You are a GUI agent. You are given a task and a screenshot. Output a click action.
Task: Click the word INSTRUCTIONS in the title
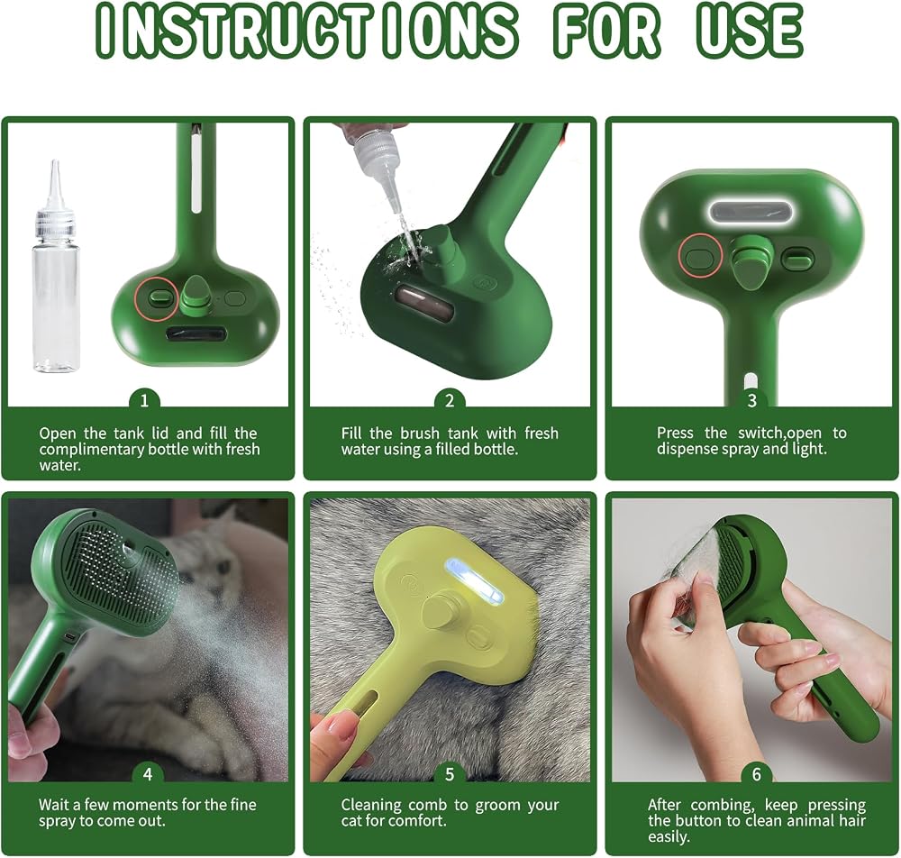[306, 30]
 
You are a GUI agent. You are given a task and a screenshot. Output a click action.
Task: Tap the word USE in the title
[749, 30]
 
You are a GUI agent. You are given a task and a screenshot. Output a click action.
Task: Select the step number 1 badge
[144, 400]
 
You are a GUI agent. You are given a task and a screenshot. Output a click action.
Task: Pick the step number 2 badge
[450, 400]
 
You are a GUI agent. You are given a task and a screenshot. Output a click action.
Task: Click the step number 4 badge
[148, 774]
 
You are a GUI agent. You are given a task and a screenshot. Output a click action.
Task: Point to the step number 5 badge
[450, 774]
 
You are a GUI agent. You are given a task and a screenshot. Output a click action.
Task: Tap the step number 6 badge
[756, 774]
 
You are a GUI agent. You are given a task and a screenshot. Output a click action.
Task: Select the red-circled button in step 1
[157, 297]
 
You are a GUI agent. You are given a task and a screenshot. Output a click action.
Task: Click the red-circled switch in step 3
[700, 256]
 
